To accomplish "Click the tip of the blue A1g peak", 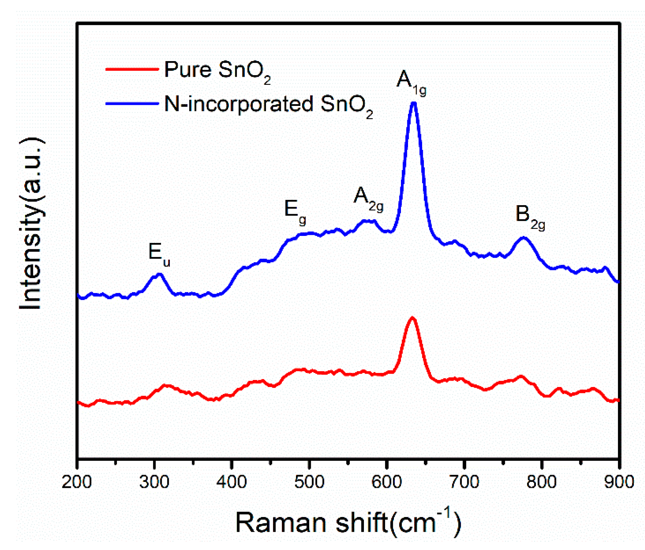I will (414, 104).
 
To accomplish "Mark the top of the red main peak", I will (412, 319).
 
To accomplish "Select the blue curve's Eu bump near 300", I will (159, 275).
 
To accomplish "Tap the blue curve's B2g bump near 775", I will (523, 238).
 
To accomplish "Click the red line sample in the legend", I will (132, 69).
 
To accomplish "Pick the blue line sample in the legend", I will (132, 103).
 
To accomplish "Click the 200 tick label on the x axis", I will (76, 482).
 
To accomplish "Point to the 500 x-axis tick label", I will (309, 482).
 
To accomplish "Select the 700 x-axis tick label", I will (464, 482).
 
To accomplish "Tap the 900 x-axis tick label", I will (619, 482).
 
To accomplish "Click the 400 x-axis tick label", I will (231, 482).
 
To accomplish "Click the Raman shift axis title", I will (348, 523).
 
